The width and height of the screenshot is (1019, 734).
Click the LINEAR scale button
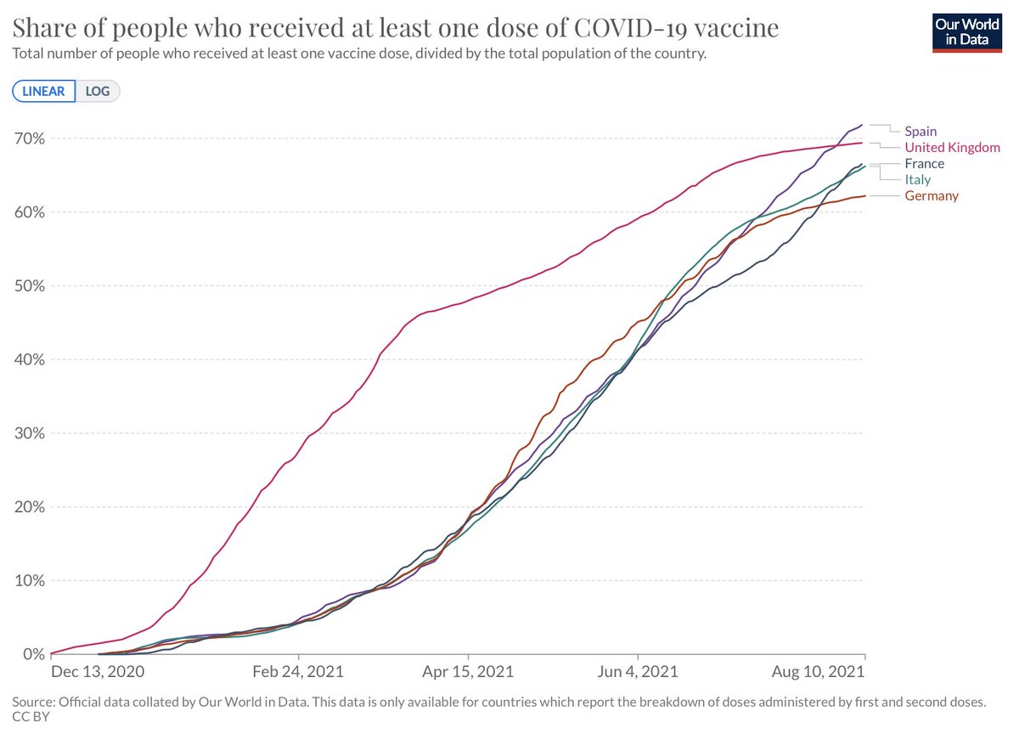pyautogui.click(x=43, y=91)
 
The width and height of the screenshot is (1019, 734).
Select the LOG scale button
pyautogui.click(x=98, y=91)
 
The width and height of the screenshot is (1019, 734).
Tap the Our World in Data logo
pyautogui.click(x=967, y=31)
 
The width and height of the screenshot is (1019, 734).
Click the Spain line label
pyautogui.click(x=920, y=131)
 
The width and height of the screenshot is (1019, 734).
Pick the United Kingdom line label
pyautogui.click(x=952, y=147)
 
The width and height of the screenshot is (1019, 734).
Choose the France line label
pyautogui.click(x=924, y=163)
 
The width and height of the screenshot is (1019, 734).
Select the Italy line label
pyautogui.click(x=917, y=179)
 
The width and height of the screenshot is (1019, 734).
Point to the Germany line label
pyautogui.click(x=931, y=195)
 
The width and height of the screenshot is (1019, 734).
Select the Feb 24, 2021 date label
pyautogui.click(x=300, y=671)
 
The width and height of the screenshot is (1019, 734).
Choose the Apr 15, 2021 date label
pyautogui.click(x=469, y=671)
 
